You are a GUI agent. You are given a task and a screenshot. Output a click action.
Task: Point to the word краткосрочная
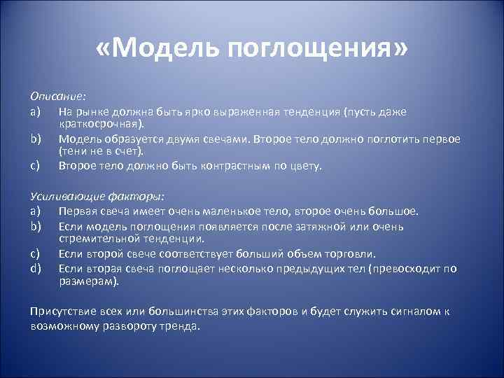99,124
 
